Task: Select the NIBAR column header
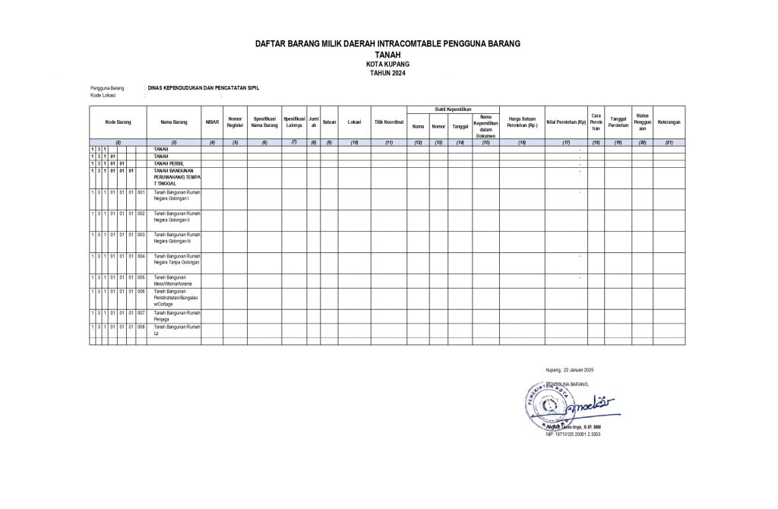point(212,122)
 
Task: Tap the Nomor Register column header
point(235,122)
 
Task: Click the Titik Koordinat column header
point(388,122)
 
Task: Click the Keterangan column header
point(669,122)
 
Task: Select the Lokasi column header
point(353,122)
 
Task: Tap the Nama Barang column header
point(174,122)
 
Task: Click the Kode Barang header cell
point(118,122)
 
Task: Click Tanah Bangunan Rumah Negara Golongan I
point(176,195)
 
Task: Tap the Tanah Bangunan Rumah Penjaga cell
point(176,315)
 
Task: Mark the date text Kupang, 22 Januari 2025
point(574,370)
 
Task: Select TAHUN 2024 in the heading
point(387,71)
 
